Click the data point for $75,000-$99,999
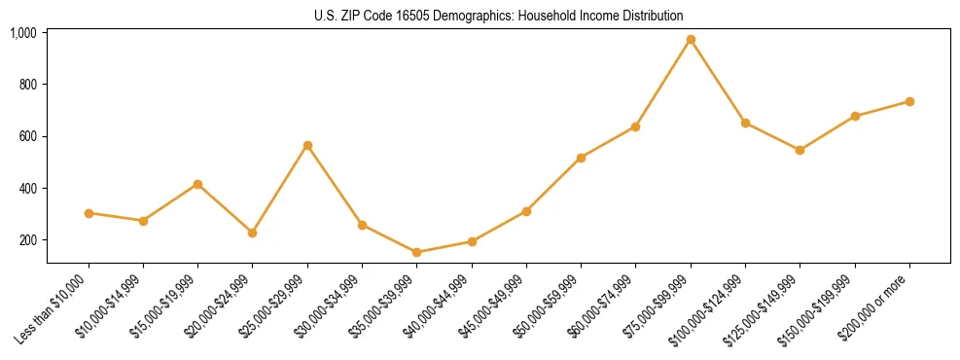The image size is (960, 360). (691, 40)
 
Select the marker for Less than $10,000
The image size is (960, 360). (89, 213)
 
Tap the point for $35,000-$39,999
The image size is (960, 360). (417, 252)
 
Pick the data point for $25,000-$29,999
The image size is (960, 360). (307, 145)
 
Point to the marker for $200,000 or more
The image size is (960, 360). (909, 101)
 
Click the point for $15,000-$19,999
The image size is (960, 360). (198, 184)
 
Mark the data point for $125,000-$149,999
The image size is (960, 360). (800, 150)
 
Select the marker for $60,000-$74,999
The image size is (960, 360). (636, 126)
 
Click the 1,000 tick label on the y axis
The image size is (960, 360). (23, 33)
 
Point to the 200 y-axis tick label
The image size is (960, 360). (28, 240)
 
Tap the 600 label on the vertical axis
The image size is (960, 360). (28, 136)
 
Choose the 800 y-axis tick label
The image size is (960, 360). (28, 85)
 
